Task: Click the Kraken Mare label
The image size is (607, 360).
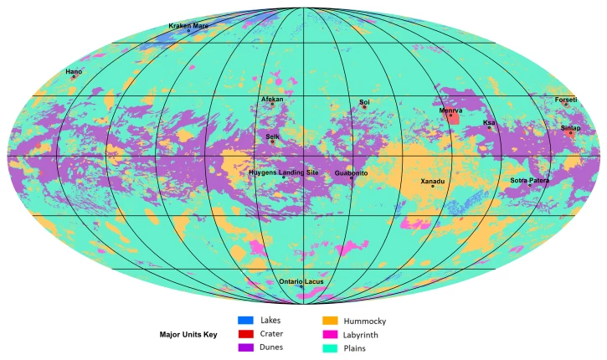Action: (188, 26)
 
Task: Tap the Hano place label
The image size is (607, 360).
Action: (74, 72)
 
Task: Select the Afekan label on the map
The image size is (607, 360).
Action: (272, 99)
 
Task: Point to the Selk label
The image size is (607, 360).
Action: (272, 136)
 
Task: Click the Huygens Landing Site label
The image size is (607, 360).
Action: (284, 172)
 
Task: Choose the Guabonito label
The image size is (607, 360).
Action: (351, 172)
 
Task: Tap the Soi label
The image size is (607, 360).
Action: (364, 102)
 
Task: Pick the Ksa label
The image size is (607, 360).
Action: (489, 122)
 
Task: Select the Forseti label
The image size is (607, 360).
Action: (566, 100)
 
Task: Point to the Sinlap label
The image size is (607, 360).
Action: (570, 128)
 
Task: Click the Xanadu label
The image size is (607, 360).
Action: (433, 181)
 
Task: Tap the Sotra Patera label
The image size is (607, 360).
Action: (530, 180)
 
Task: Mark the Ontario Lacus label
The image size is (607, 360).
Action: (301, 281)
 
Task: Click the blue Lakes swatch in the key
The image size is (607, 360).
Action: (245, 320)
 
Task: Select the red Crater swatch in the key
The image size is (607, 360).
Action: (245, 333)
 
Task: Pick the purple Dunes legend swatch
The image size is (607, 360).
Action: (245, 347)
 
